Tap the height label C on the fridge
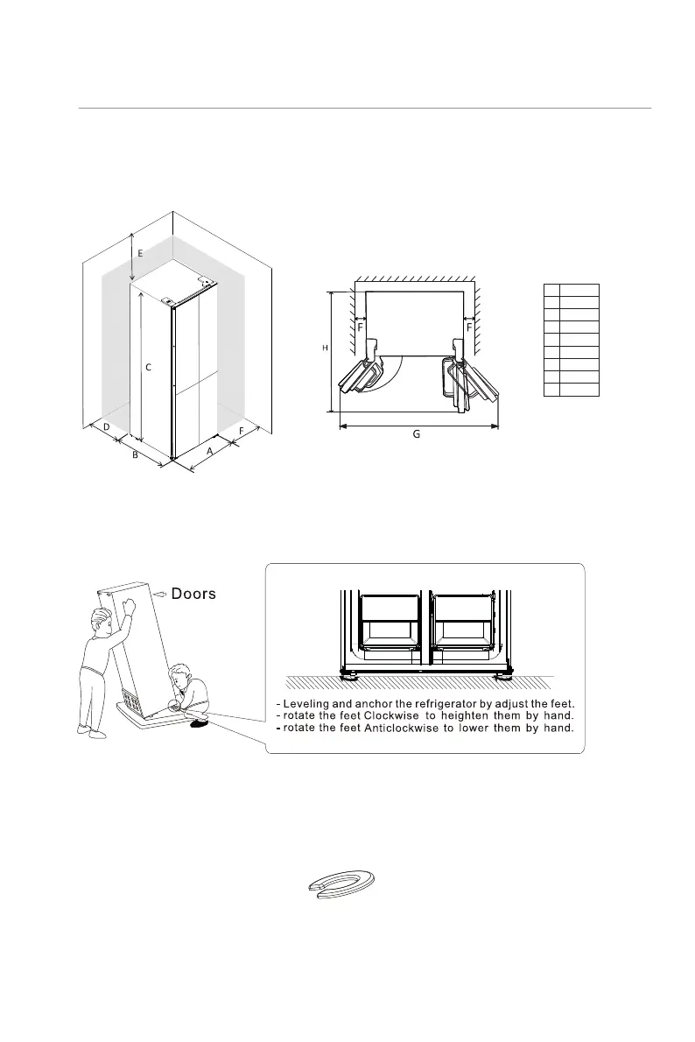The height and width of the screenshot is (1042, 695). (x=149, y=368)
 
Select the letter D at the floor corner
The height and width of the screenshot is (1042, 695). (x=106, y=426)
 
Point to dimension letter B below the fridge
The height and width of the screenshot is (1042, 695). (x=135, y=455)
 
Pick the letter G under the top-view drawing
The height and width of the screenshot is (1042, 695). (x=417, y=434)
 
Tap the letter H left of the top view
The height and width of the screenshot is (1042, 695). (x=325, y=349)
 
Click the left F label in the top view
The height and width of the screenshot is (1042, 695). (x=360, y=327)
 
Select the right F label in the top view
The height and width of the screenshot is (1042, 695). (x=470, y=327)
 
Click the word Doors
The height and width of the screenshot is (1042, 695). (x=193, y=594)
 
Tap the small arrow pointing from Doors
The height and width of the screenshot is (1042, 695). (x=159, y=594)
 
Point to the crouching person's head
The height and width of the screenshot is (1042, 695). (x=182, y=678)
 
